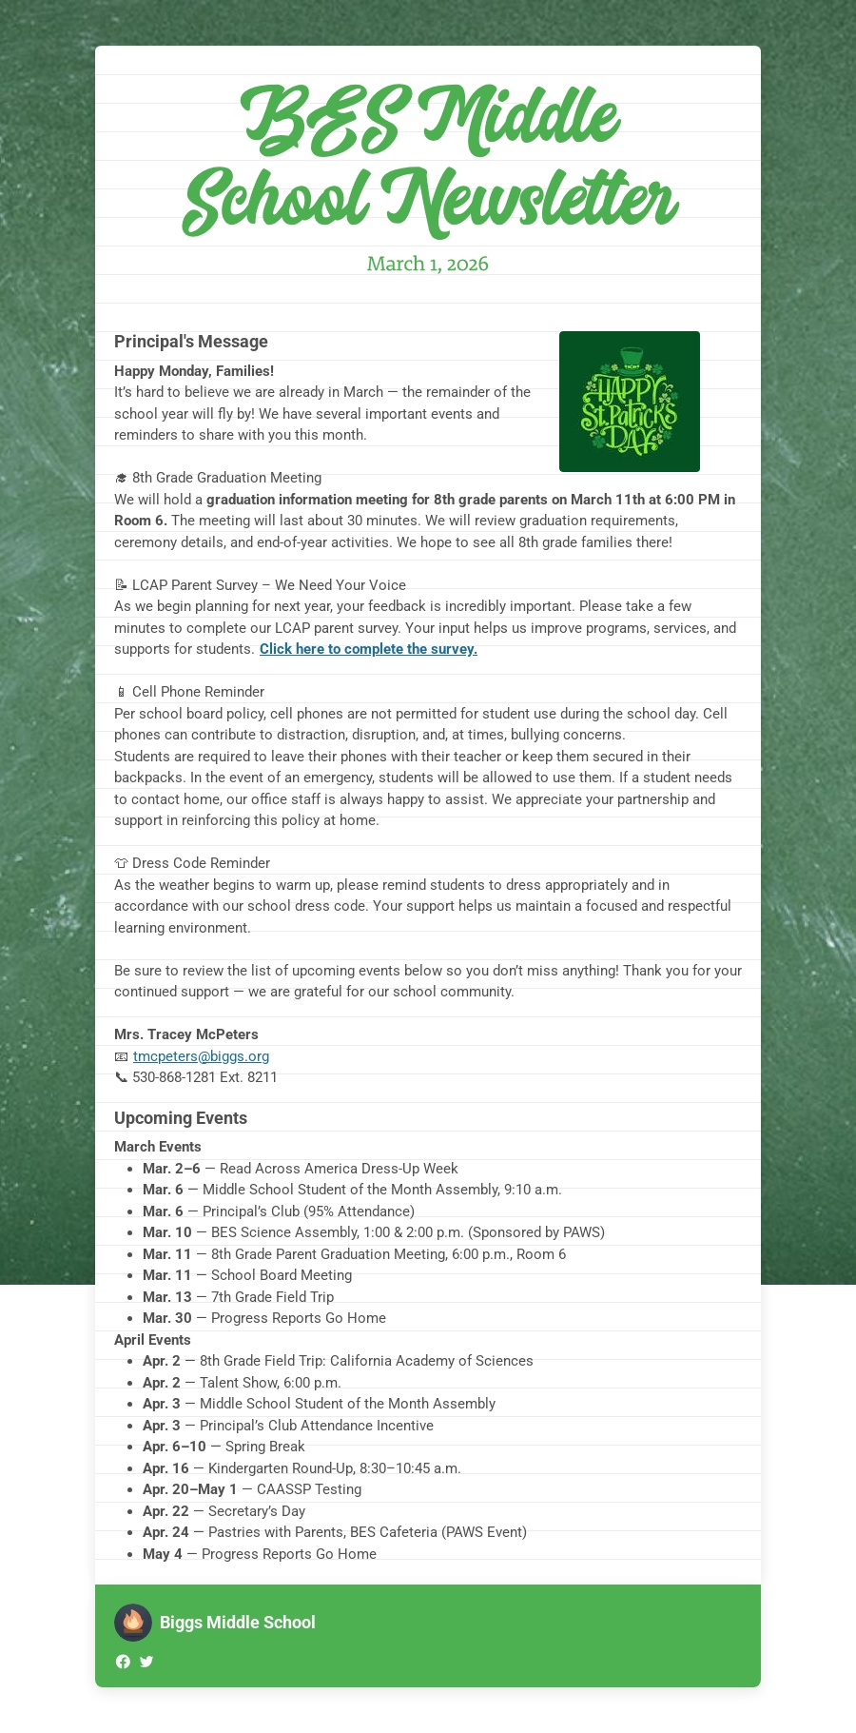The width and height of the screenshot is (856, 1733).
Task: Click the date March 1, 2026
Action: click(427, 264)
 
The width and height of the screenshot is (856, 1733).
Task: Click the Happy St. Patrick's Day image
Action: click(629, 402)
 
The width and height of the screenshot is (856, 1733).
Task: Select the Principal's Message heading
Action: click(191, 342)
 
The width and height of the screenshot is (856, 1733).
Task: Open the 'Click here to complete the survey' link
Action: click(368, 649)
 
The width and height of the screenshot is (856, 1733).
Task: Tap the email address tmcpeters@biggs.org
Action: click(201, 1056)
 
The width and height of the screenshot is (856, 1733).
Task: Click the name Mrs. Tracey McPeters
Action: click(186, 1034)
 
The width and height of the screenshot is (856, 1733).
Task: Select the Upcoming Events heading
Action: click(181, 1118)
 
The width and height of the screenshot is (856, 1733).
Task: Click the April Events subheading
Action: click(152, 1340)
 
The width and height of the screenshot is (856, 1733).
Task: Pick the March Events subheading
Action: click(158, 1147)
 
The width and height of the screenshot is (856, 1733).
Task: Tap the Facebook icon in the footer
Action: click(123, 1662)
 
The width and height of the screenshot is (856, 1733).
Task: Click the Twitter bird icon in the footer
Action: click(146, 1662)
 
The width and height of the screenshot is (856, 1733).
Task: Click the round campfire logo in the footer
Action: click(133, 1623)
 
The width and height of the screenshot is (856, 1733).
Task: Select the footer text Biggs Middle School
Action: click(238, 1623)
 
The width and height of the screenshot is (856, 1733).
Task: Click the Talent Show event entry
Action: click(242, 1383)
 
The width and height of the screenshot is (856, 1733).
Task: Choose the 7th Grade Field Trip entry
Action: click(238, 1297)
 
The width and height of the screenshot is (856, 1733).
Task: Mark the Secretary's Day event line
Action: click(224, 1511)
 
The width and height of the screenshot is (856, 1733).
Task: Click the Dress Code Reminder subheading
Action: click(201, 863)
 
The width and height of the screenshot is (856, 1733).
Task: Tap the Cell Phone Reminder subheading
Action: click(198, 692)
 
